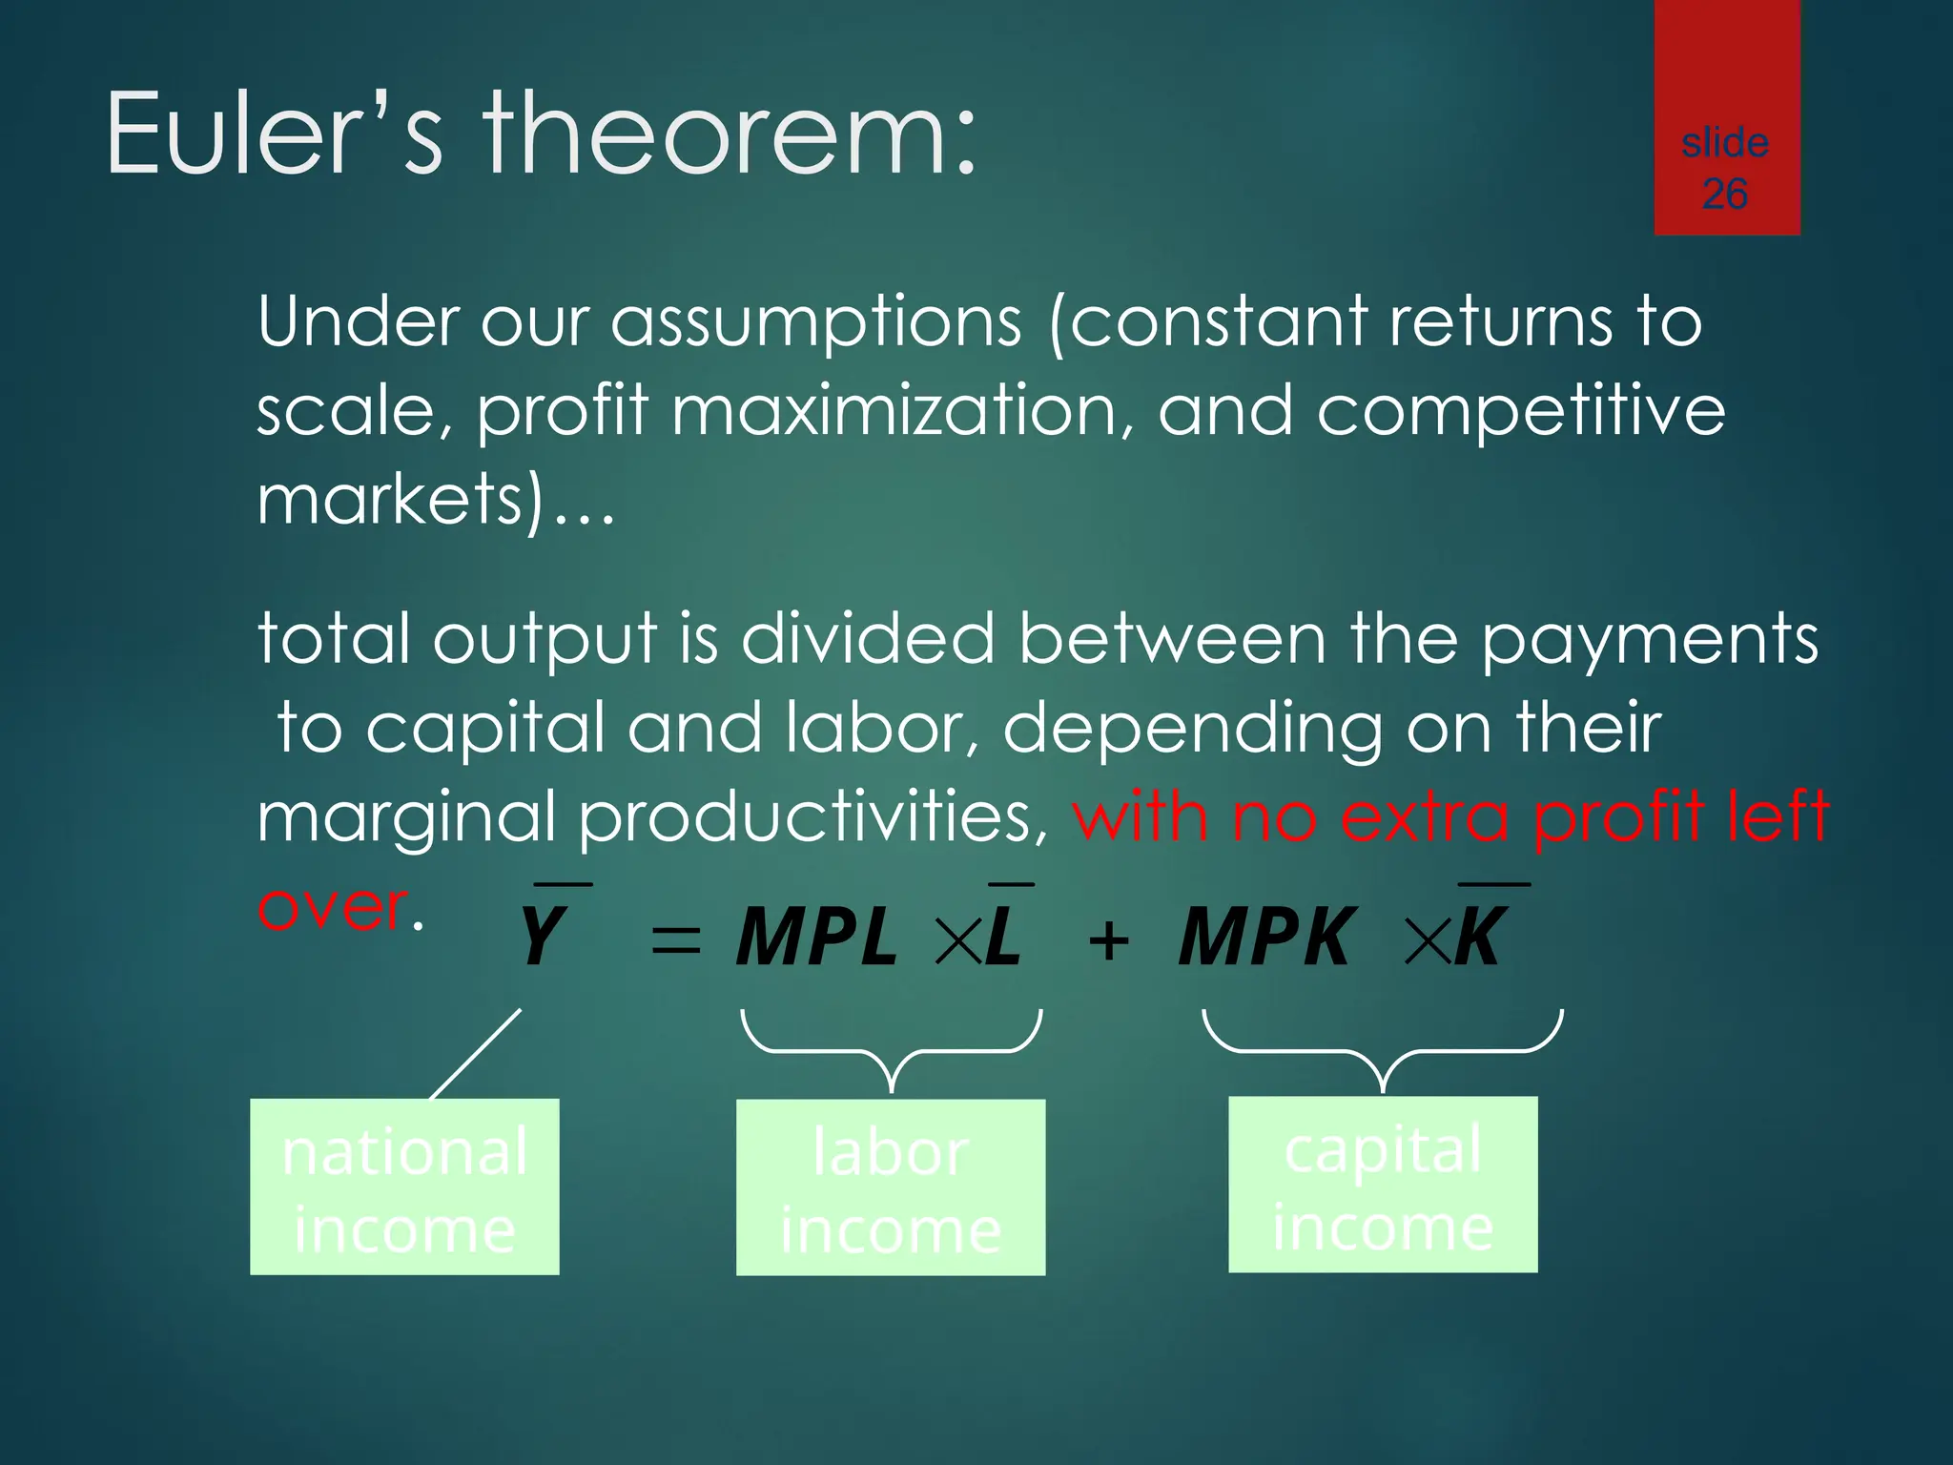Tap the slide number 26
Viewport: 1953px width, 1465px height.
click(1725, 195)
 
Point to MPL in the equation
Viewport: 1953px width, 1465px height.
click(816, 938)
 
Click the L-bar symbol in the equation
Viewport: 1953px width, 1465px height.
click(1004, 935)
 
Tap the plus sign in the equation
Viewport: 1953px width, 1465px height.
click(1109, 941)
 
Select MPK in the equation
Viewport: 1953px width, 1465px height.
click(1265, 938)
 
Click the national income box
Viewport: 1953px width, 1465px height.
click(404, 1187)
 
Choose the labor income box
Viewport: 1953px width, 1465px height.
click(891, 1187)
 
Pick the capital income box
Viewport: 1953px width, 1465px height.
click(1383, 1185)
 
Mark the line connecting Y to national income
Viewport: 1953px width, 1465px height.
click(475, 1055)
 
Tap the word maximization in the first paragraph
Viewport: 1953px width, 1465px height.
click(901, 411)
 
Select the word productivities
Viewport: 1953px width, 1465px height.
click(807, 817)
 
